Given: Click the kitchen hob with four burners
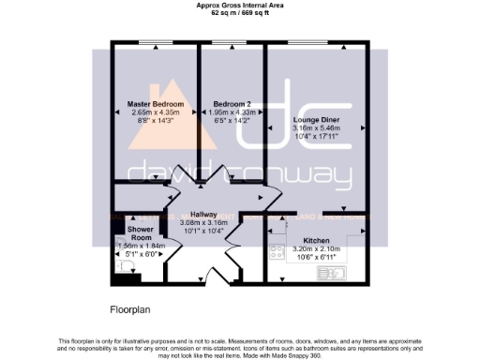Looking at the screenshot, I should [x=277, y=250].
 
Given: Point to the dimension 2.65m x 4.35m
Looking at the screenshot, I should [x=155, y=112].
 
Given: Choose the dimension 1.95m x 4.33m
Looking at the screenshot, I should [x=232, y=112].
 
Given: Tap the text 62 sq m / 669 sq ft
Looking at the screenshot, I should [x=239, y=13].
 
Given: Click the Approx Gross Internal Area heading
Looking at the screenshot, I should [x=239, y=6].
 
